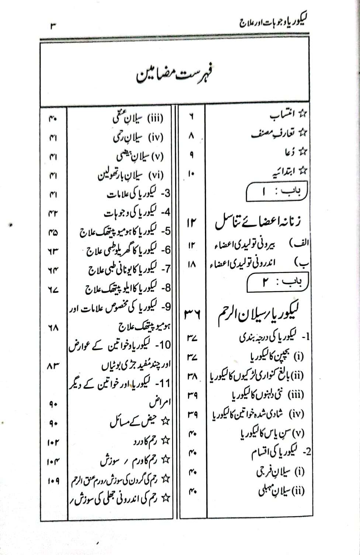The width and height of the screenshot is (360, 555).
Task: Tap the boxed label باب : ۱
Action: point(277,192)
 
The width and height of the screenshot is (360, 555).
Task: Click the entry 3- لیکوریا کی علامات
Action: point(138,194)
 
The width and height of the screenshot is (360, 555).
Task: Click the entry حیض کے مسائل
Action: point(140,422)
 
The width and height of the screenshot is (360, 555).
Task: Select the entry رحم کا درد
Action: point(152,441)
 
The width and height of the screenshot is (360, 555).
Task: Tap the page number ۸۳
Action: point(53,366)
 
